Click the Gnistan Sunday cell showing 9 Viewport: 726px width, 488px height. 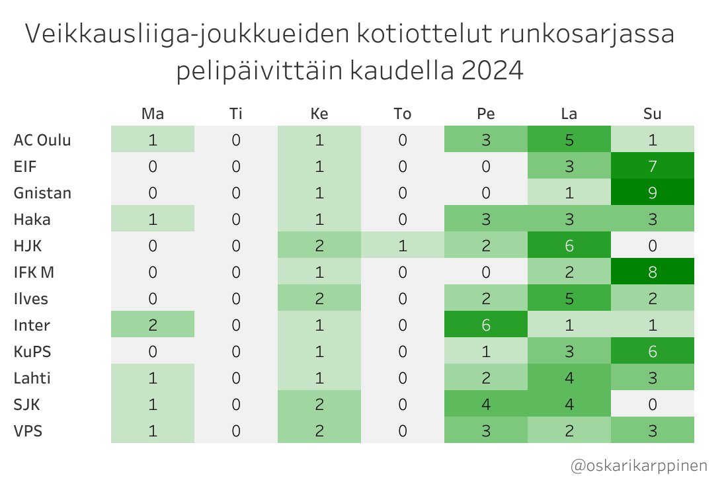click(x=652, y=193)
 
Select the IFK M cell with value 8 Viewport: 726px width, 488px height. click(x=652, y=272)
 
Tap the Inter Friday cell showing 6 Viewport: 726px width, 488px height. click(x=485, y=325)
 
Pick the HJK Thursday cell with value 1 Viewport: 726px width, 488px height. click(x=402, y=246)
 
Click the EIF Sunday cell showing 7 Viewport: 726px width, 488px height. click(x=652, y=167)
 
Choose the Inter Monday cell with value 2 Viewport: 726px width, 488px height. click(x=153, y=325)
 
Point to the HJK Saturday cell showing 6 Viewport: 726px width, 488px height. click(x=569, y=246)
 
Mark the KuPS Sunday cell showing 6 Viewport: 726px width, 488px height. click(x=652, y=351)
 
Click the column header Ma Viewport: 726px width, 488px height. click(x=153, y=114)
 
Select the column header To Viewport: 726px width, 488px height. click(x=402, y=114)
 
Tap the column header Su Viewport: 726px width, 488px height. click(x=652, y=114)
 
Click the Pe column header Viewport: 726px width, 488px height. click(x=485, y=114)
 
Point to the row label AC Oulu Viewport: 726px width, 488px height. click(x=42, y=140)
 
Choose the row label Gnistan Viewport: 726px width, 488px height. click(x=42, y=193)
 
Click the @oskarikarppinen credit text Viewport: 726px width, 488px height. click(x=639, y=466)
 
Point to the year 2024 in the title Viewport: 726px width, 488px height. click(x=492, y=71)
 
